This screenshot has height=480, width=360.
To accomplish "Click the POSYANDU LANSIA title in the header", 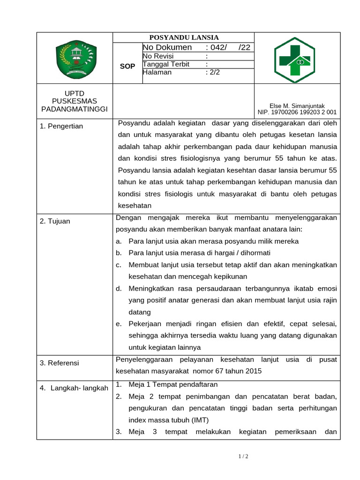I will (184, 37).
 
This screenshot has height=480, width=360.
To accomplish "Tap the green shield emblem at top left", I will (75, 59).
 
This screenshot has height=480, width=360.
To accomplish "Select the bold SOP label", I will (127, 67).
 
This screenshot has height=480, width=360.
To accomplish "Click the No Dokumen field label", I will (167, 47).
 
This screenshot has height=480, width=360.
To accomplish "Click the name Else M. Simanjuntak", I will (297, 106).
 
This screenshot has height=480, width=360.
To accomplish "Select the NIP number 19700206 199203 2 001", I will (297, 112).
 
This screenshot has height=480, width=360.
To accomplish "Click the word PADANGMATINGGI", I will (75, 109).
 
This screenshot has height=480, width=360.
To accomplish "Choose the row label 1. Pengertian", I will (61, 126).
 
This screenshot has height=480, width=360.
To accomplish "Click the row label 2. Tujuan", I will (55, 221).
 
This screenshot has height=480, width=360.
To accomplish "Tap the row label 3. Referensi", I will (60, 363).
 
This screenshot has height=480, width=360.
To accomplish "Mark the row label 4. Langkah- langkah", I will (74, 388).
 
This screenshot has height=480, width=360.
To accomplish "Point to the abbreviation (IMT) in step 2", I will (199, 420).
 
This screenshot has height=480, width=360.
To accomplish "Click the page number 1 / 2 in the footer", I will (243, 456).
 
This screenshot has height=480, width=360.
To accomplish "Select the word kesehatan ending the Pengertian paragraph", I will (135, 205).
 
